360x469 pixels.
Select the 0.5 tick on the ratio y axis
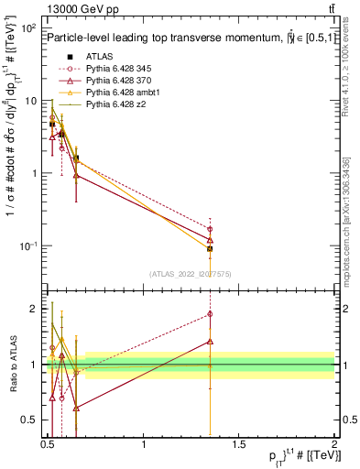click(29, 420)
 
